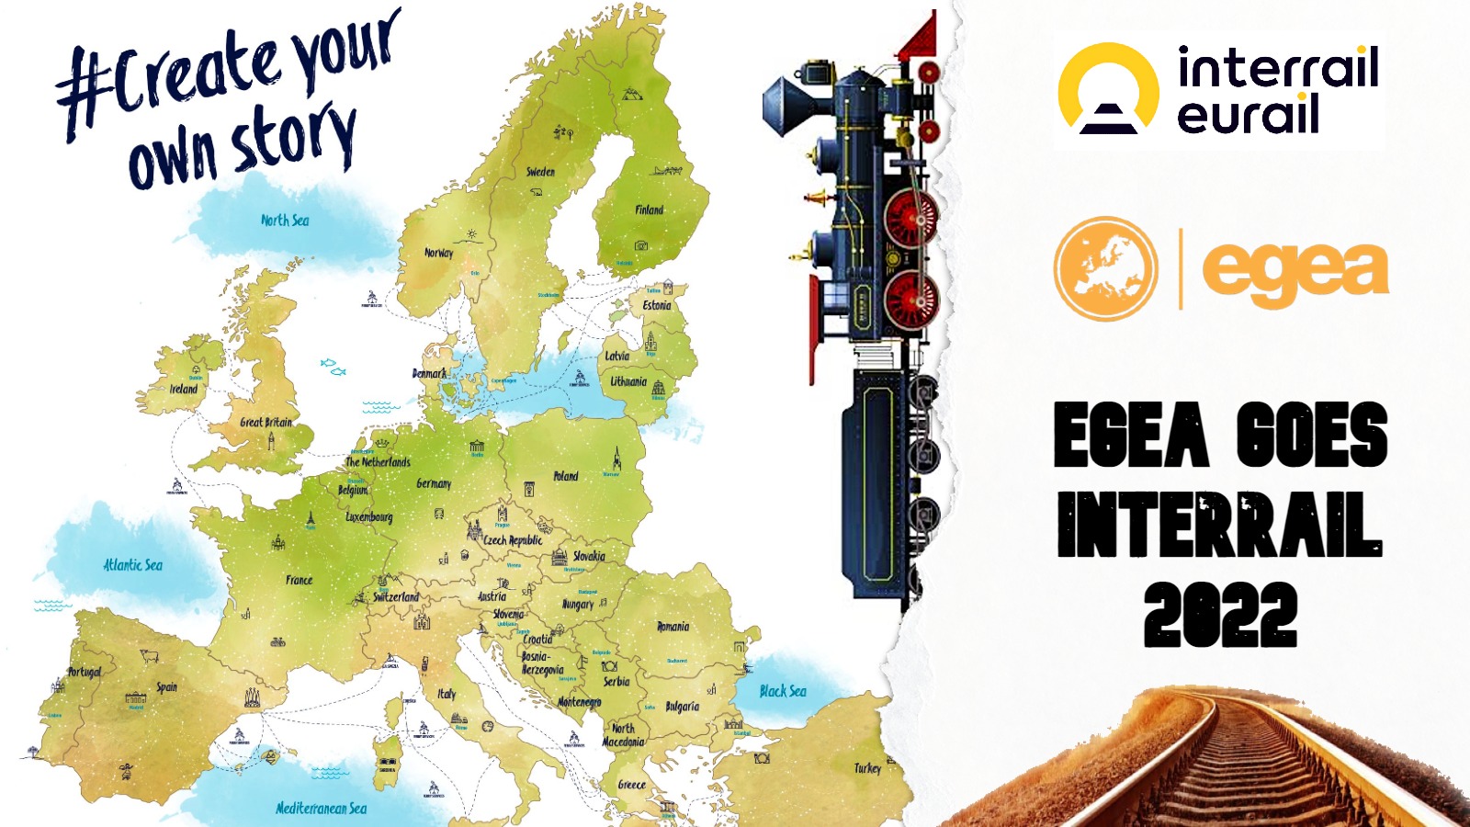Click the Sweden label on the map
point(540,172)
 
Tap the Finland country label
point(649,210)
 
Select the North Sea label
point(285,221)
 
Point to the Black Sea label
point(783,691)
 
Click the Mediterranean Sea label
point(321,809)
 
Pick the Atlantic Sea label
point(132,565)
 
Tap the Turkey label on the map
point(867,768)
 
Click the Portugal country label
point(84,672)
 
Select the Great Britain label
point(266,423)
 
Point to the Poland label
point(566,476)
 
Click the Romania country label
point(673,627)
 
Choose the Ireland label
point(184,389)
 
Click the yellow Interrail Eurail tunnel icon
point(1108,90)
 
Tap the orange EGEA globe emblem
point(1105,268)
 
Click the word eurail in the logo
point(1248,115)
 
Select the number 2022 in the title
point(1220,614)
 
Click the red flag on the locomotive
point(920,37)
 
